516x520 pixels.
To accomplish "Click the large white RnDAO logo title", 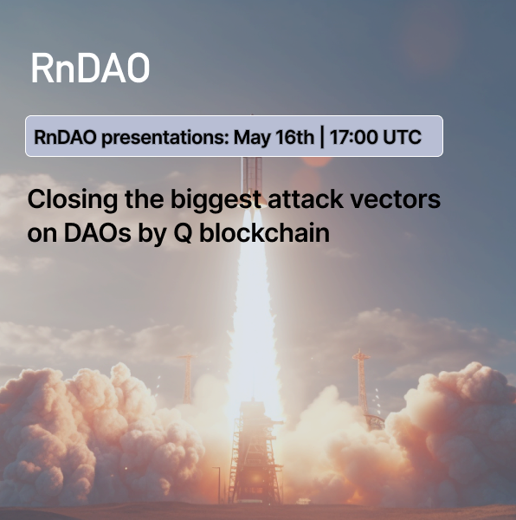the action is click(90, 68).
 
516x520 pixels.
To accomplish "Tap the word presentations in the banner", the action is click(165, 138).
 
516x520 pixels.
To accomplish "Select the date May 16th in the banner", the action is click(274, 137).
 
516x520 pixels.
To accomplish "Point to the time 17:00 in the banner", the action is click(354, 137).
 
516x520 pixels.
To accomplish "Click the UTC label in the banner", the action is click(402, 137).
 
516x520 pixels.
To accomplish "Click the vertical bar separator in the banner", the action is click(322, 137).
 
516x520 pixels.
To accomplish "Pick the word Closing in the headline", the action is click(73, 200).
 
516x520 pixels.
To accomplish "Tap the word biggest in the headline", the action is click(216, 200).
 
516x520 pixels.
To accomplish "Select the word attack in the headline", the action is click(306, 199).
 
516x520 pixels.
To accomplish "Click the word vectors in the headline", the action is click(396, 199).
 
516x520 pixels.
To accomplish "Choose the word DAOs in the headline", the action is click(97, 233).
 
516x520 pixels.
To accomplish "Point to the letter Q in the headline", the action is click(183, 233).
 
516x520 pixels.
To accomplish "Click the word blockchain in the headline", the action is click(264, 232).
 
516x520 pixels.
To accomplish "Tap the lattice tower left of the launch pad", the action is click(188, 379).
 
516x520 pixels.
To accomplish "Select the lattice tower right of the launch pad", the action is click(362, 381).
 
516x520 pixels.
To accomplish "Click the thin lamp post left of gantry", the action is click(217, 484).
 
